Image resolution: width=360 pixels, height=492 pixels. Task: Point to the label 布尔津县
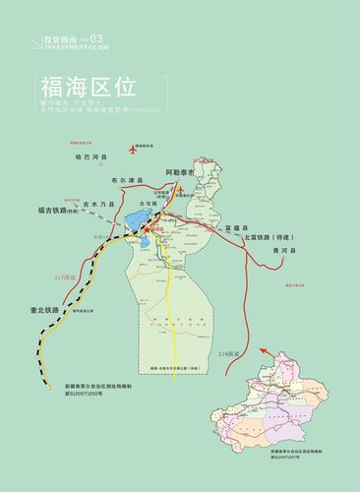pos(128,180)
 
